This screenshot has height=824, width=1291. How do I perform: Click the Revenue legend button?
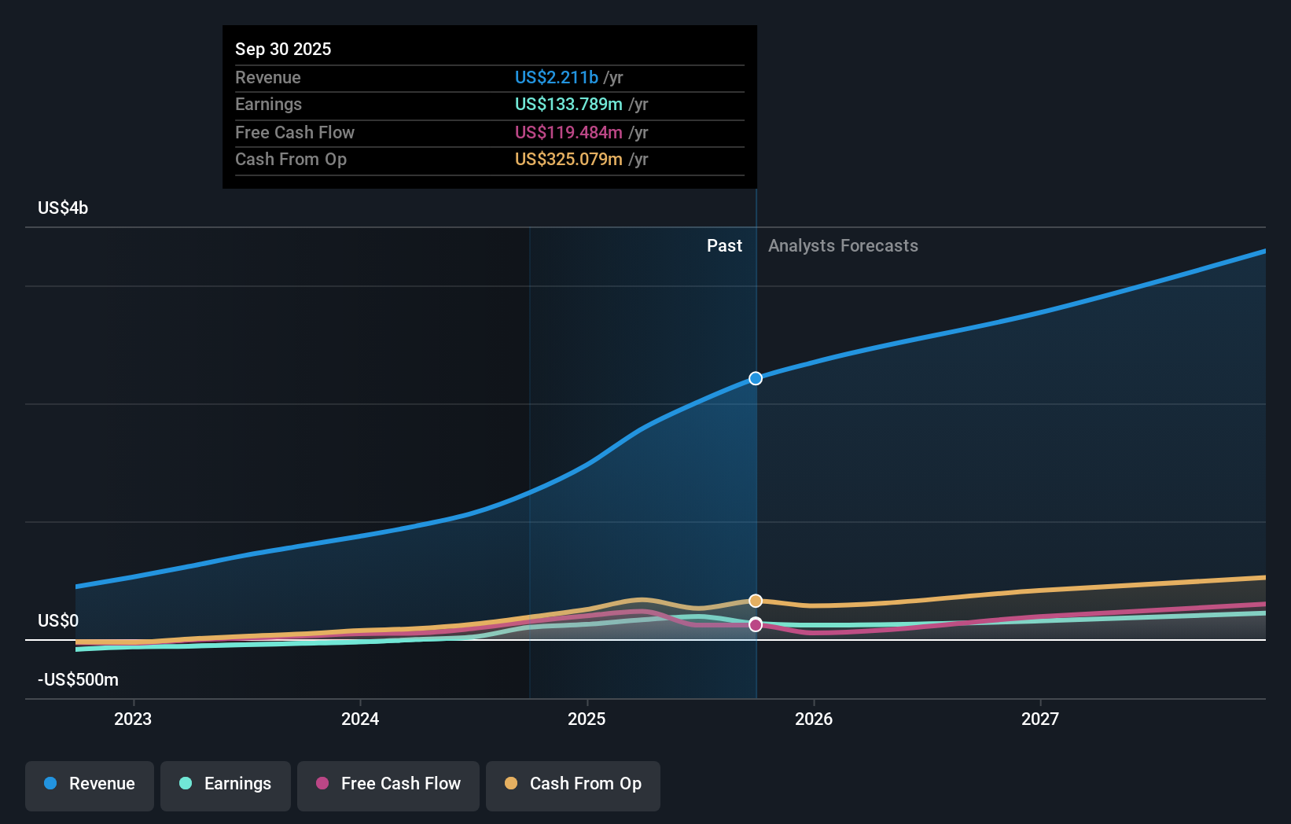coord(90,785)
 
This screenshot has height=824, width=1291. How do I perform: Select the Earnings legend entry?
coord(226,785)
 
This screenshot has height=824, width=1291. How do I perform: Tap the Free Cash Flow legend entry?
coord(388,785)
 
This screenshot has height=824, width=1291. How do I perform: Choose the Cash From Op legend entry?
coord(573,785)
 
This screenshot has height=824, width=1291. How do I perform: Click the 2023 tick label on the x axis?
coord(133,719)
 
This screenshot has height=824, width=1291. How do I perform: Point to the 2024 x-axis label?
coord(360,719)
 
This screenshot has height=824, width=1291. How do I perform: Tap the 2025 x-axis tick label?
coord(587,719)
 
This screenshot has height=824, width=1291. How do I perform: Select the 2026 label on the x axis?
coord(814,719)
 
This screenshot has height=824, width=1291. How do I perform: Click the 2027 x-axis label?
coord(1040,719)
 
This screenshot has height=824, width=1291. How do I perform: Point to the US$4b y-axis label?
coord(63,208)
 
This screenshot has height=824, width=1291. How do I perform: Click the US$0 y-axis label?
coord(58,621)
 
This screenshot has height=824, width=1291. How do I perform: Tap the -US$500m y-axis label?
coord(78,680)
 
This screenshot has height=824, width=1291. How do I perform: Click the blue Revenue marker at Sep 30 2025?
coord(756,378)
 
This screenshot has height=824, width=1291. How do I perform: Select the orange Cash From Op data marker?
coord(756,601)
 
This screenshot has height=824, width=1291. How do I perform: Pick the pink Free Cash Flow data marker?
coord(756,625)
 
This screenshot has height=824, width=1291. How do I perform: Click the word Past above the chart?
coord(724,246)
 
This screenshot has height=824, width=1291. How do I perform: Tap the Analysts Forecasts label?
coord(843,246)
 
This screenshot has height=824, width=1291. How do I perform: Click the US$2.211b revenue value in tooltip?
coord(557,78)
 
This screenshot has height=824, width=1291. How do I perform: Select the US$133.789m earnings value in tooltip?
coord(568,105)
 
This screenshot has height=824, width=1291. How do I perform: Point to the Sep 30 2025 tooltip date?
coord(283,50)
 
